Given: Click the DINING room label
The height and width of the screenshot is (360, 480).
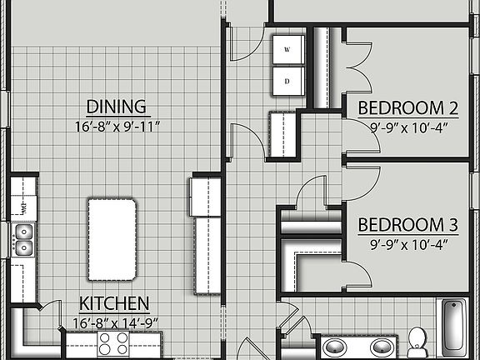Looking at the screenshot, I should (x=117, y=107).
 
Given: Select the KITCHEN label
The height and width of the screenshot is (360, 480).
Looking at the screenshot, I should (x=114, y=302).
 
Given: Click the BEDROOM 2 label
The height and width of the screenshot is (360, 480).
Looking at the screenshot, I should (x=408, y=108).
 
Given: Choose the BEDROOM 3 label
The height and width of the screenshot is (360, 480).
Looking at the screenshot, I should (x=408, y=225).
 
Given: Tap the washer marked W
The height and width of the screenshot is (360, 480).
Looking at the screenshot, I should (x=287, y=50).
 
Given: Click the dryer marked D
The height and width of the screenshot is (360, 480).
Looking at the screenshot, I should (x=287, y=81).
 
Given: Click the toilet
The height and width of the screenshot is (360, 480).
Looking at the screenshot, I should (x=417, y=341).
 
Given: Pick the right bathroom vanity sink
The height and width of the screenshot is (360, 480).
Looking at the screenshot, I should (x=382, y=347).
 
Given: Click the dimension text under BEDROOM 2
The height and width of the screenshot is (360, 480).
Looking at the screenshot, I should (x=408, y=127).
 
